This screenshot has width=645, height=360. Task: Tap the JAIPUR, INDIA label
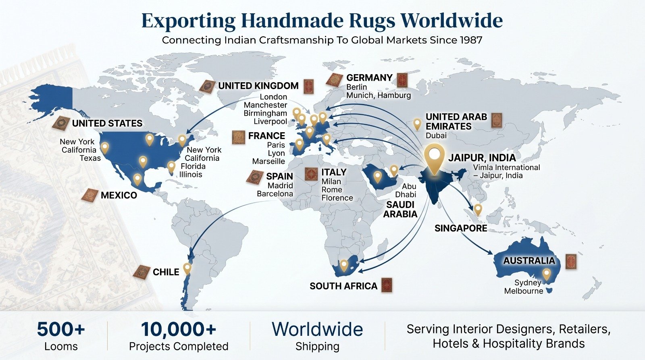pyautogui.click(x=482, y=158)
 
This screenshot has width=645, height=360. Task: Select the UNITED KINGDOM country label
pyautogui.click(x=258, y=86)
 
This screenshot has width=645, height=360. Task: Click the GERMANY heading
pyautogui.click(x=369, y=77)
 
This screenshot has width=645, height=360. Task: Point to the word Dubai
pyautogui.click(x=436, y=135)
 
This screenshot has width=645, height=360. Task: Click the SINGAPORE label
pyautogui.click(x=461, y=229)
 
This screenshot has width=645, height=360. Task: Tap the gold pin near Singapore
pyautogui.click(x=478, y=210)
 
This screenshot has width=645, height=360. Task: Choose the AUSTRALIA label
pyautogui.click(x=529, y=261)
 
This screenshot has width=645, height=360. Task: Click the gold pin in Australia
pyautogui.click(x=546, y=274)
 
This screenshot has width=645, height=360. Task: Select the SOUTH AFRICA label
pyautogui.click(x=343, y=286)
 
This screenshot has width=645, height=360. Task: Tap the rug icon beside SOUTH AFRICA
pyautogui.click(x=387, y=285)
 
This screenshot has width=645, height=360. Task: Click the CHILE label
pyautogui.click(x=166, y=272)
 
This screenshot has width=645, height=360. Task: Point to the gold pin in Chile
pyautogui.click(x=187, y=269)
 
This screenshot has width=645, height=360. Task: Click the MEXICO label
pyautogui.click(x=119, y=195)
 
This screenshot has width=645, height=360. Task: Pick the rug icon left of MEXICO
pyautogui.click(x=90, y=195)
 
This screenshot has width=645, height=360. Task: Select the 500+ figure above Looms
pyautogui.click(x=61, y=329)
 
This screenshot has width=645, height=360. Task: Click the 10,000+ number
pyautogui.click(x=179, y=329)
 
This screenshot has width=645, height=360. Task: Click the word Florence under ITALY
pyautogui.click(x=337, y=198)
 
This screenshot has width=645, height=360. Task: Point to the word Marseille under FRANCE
pyautogui.click(x=268, y=161)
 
